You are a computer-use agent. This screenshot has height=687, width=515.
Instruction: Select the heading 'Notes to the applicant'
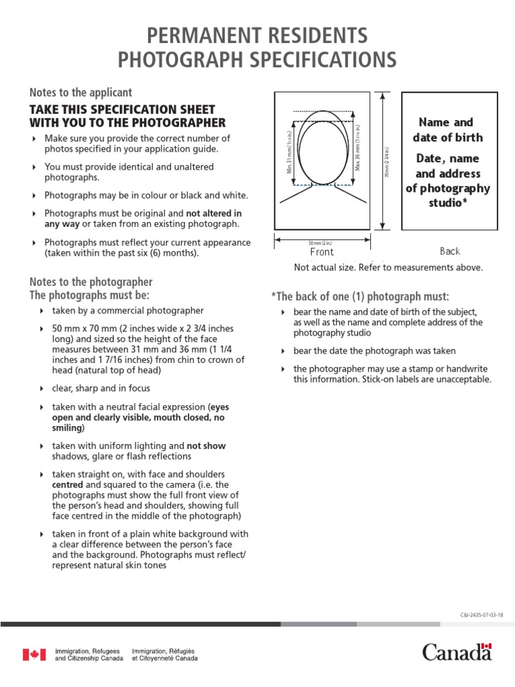coord(81,93)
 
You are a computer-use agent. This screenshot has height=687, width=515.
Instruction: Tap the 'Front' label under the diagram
coord(322,252)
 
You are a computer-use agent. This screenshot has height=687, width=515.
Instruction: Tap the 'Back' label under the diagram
coord(450,251)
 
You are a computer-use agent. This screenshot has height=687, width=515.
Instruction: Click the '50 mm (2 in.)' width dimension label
coord(321,242)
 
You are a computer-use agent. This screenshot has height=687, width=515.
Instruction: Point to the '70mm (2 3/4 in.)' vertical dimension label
coord(388,162)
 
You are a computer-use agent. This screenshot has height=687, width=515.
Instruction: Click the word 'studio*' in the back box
coord(447,203)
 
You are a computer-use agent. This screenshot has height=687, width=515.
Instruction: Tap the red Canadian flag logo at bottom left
coord(34,654)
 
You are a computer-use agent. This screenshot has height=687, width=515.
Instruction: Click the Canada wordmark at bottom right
coord(457,651)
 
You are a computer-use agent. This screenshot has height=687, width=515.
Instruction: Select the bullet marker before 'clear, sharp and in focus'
coord(42,388)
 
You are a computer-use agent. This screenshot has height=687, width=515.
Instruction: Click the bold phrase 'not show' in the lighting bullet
coord(206,445)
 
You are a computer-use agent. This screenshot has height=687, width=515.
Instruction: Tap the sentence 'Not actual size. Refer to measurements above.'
coord(388,268)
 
